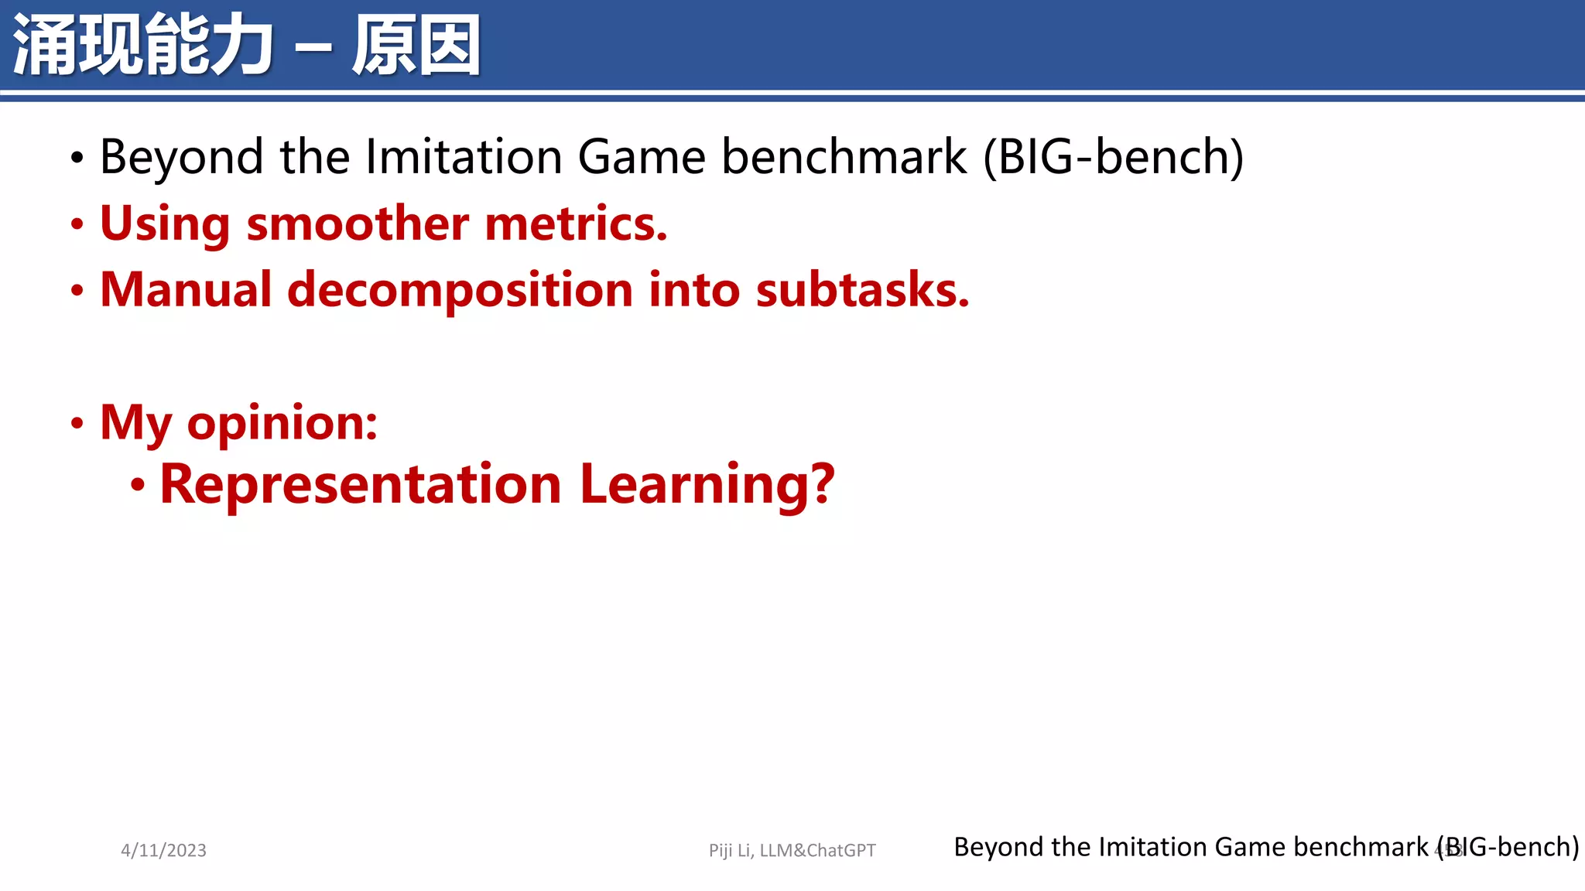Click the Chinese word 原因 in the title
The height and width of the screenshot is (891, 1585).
tap(416, 46)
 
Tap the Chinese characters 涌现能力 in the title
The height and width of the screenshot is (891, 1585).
tap(143, 46)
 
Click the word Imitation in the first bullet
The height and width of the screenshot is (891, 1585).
tap(464, 157)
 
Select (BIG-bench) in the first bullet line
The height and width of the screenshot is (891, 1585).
tap(1113, 157)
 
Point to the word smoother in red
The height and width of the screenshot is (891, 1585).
tap(358, 224)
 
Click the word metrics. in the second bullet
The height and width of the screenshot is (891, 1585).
tap(576, 224)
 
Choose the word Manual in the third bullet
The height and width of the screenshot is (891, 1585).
tap(186, 290)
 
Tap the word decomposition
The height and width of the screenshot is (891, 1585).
tap(460, 292)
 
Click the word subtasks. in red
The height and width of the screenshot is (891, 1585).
tap(862, 290)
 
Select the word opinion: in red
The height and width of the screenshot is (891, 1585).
tap(282, 424)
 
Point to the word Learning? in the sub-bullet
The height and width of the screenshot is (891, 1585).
tap(707, 486)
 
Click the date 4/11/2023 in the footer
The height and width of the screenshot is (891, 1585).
tap(163, 850)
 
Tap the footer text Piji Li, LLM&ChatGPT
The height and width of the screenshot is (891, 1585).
tap(792, 850)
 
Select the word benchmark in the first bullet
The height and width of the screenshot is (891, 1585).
tap(844, 157)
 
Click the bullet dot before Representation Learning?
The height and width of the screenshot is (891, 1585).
tap(138, 486)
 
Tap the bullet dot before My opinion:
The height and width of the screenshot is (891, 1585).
tap(77, 423)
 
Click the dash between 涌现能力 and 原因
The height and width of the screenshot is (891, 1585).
tap(313, 48)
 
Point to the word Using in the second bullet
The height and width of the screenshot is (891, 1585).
tap(165, 224)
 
